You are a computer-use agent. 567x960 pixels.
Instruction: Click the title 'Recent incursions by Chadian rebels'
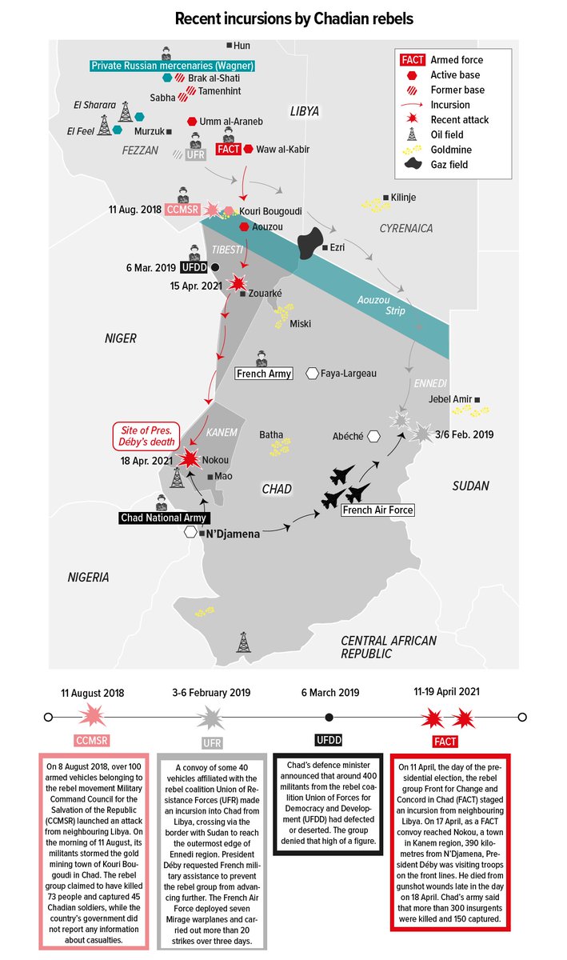283,18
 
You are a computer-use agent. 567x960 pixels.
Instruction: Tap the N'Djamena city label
234,534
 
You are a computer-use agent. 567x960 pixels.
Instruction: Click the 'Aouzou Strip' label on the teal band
380,305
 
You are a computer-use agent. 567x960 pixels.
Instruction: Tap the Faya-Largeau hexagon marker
312,374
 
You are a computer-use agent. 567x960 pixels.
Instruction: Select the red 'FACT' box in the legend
411,60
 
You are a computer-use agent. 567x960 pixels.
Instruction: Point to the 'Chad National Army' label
162,518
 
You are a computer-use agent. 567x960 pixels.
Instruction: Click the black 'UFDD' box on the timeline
329,740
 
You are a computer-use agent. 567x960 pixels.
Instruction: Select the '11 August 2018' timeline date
93,693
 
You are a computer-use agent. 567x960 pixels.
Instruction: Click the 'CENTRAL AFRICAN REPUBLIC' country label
389,646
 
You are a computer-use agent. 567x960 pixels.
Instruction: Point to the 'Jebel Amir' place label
450,399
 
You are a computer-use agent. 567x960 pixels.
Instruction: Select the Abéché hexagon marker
373,436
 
